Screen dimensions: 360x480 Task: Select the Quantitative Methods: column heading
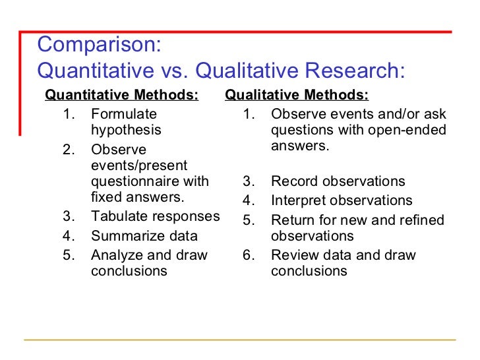point(121,95)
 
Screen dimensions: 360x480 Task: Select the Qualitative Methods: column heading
point(297,95)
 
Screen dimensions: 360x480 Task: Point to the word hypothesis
point(126,131)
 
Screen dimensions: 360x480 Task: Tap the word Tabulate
point(117,217)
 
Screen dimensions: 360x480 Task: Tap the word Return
point(291,220)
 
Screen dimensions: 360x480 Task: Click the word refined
point(422,220)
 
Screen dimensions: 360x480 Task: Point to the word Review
point(293,255)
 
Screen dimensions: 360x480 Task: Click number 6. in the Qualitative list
point(249,255)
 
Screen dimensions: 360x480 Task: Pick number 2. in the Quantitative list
point(69,150)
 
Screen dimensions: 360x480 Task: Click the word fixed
point(104,197)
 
